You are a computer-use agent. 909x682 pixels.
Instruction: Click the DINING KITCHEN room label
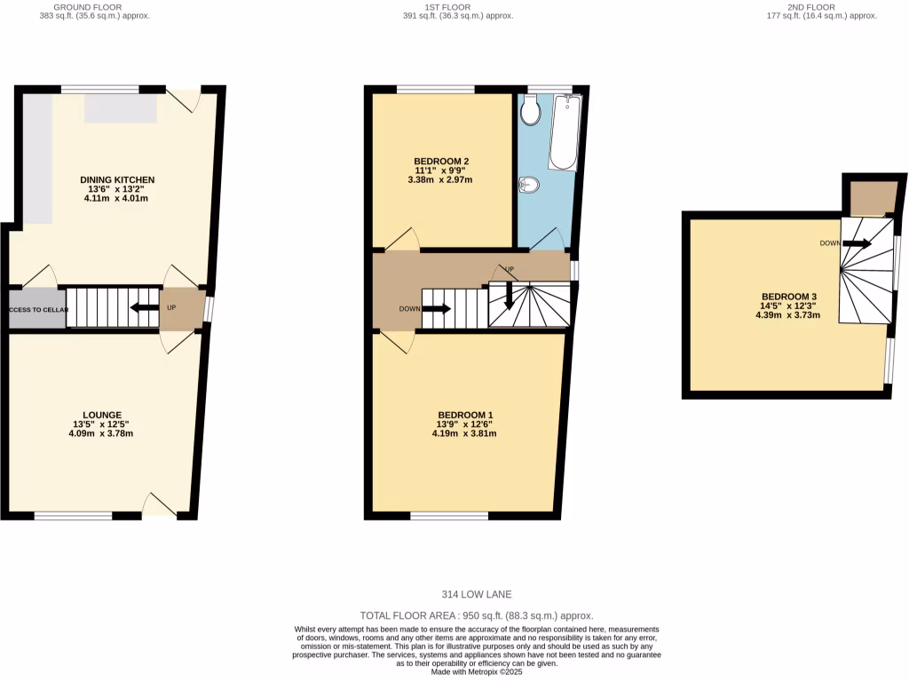(116, 180)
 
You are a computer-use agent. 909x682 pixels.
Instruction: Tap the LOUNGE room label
(102, 415)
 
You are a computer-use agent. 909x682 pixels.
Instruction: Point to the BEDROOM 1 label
(464, 415)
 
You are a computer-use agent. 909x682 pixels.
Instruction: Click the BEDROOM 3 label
(788, 297)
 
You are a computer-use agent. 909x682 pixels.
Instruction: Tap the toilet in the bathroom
(532, 111)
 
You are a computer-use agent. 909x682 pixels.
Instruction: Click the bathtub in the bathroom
(563, 133)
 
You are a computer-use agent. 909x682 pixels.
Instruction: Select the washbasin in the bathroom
(528, 185)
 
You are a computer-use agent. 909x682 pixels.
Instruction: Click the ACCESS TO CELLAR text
(39, 310)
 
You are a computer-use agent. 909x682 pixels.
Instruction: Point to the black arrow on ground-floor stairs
(141, 308)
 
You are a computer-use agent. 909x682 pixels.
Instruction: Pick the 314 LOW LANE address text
(477, 595)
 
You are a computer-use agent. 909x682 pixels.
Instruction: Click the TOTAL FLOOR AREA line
(477, 615)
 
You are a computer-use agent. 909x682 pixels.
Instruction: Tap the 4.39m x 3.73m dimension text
(788, 314)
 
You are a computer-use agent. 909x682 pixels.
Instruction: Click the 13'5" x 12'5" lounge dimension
(102, 424)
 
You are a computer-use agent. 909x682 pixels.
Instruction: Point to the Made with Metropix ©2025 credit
(477, 672)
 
